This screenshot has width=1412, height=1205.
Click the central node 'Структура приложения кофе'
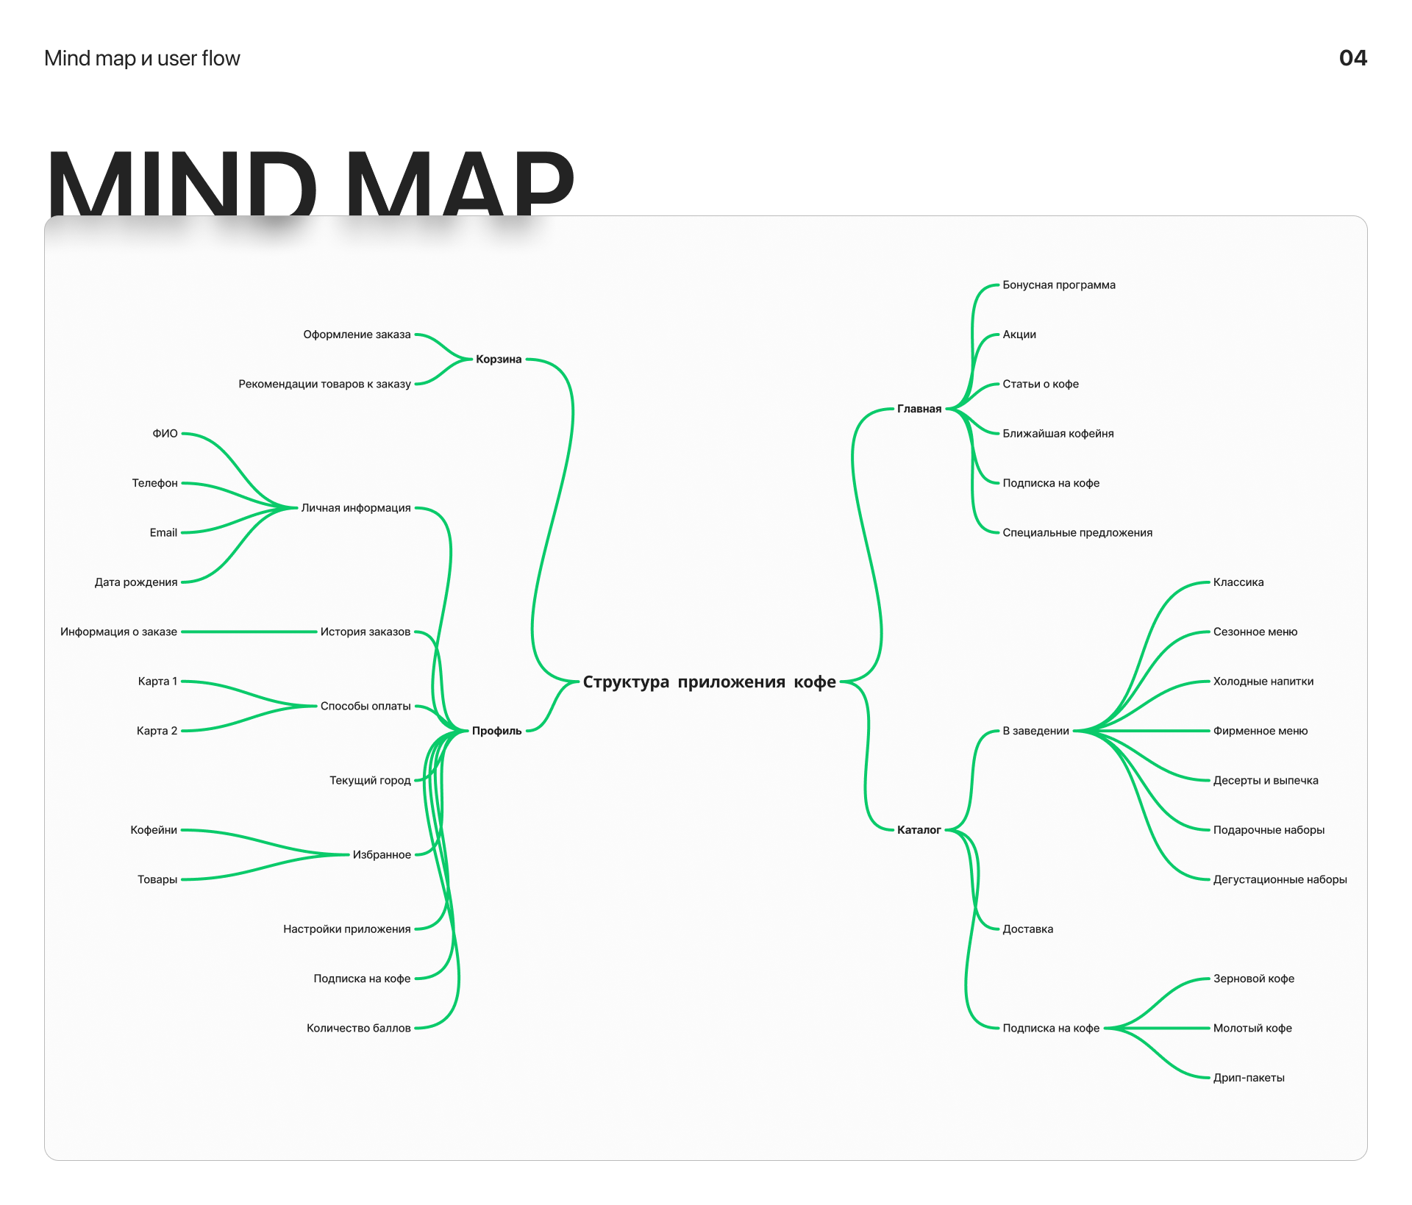click(709, 682)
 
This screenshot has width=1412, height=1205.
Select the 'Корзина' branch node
click(499, 360)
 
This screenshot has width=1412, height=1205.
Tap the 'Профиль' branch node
click(496, 731)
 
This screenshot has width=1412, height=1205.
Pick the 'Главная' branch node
click(919, 409)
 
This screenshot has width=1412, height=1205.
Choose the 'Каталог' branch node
click(919, 830)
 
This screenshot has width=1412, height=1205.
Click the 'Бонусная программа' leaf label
click(1059, 285)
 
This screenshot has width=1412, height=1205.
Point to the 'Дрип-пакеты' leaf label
click(1249, 1078)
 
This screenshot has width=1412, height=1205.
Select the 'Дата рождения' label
click(136, 582)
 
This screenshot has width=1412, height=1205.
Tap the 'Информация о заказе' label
click(118, 632)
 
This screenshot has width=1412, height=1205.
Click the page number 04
click(1352, 58)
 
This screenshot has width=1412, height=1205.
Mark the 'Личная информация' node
click(356, 508)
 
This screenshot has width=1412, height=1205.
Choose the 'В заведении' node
click(1035, 731)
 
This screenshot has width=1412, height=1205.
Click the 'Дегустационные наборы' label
click(1280, 879)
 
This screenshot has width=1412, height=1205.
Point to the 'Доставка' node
click(1027, 929)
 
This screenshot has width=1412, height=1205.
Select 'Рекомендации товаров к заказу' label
click(324, 384)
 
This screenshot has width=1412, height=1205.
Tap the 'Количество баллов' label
click(358, 1028)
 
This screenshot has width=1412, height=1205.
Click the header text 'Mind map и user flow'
click(142, 58)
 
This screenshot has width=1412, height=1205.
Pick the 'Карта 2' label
click(157, 731)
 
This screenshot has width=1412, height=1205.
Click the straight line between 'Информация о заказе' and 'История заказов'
click(249, 632)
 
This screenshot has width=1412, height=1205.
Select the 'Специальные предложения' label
click(1077, 533)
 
